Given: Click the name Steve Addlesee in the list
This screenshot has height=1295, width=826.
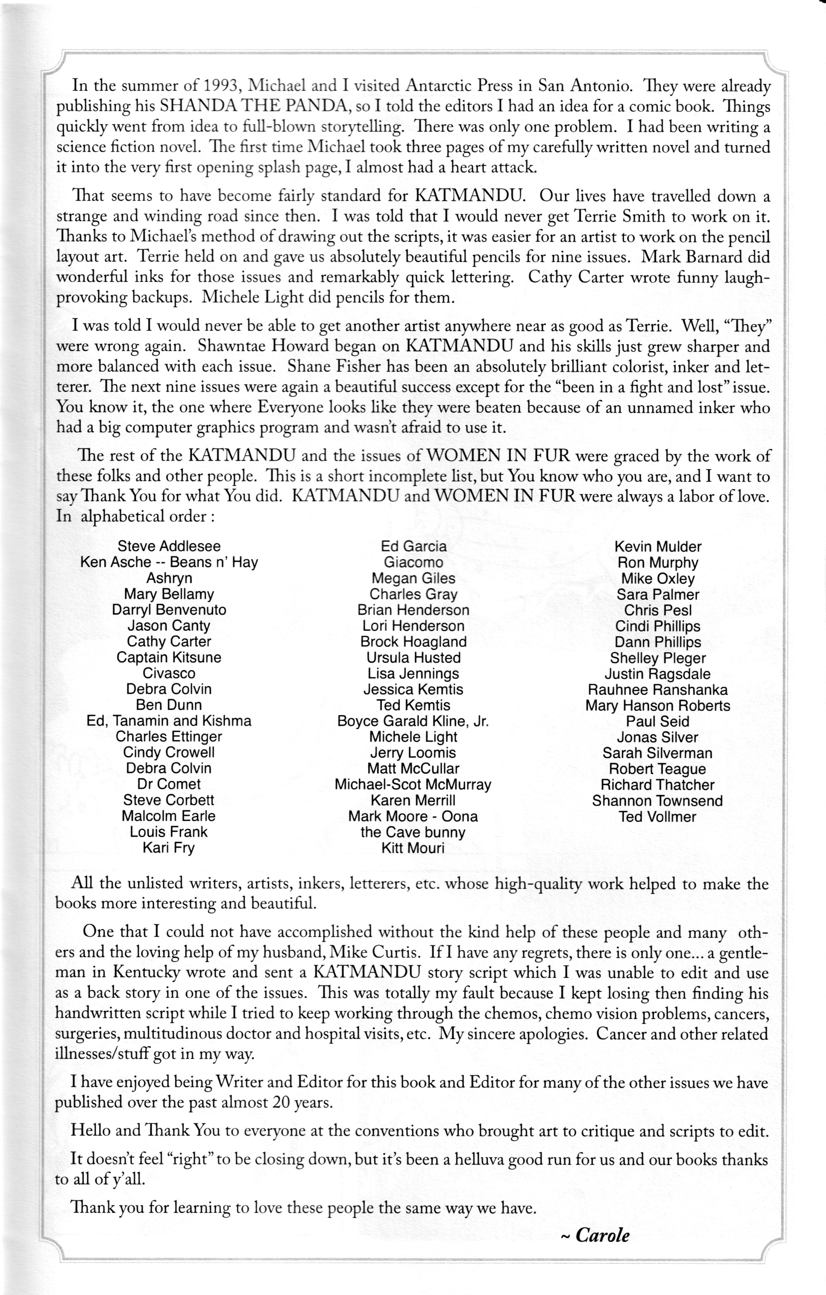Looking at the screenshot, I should pyautogui.click(x=169, y=546).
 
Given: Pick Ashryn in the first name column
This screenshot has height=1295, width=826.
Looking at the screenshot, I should pyautogui.click(x=169, y=578).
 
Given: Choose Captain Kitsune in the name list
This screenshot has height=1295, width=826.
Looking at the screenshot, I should pyautogui.click(x=169, y=657).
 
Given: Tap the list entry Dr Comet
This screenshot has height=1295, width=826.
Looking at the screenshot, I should pyautogui.click(x=169, y=784).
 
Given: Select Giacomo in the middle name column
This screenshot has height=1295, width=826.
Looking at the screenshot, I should pyautogui.click(x=413, y=563).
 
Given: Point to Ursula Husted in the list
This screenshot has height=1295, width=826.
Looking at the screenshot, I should pyautogui.click(x=413, y=658).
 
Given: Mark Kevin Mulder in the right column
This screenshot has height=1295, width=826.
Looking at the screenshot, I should pyautogui.click(x=658, y=547).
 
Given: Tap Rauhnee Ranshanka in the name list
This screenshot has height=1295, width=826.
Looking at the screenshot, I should pyautogui.click(x=658, y=690).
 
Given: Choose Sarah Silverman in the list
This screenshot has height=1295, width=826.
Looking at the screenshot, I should pyautogui.click(x=658, y=753).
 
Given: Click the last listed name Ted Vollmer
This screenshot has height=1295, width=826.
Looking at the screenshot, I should pyautogui.click(x=657, y=816).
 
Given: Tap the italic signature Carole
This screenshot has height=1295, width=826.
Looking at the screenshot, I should pyautogui.click(x=602, y=1235).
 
